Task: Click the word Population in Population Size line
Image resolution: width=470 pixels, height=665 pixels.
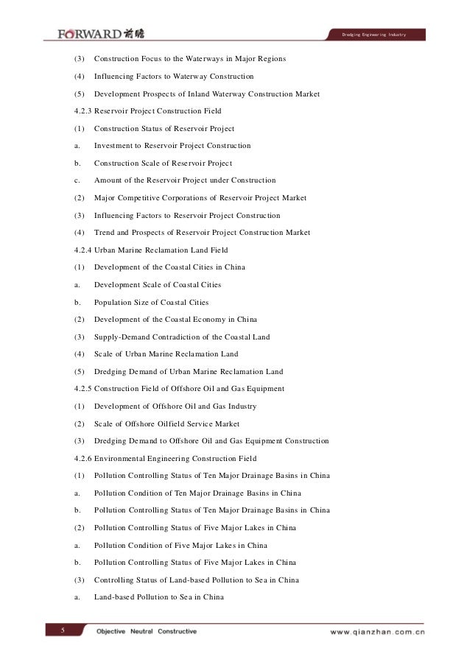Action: pos(115,302)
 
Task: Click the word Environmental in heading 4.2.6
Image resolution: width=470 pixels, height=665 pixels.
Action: pos(126,458)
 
